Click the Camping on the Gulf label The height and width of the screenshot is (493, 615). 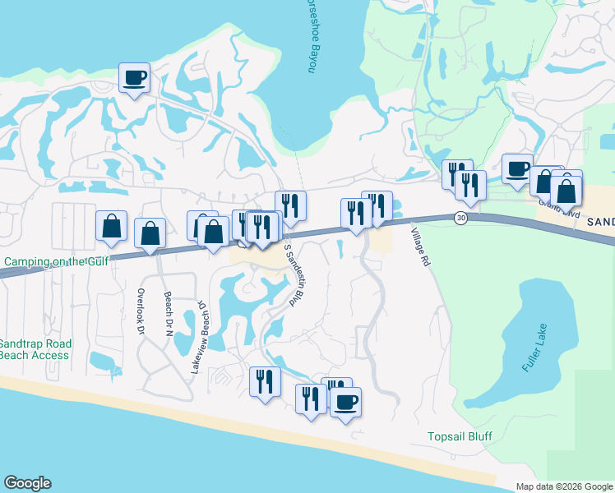54,261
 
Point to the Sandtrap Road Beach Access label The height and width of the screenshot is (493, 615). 35,349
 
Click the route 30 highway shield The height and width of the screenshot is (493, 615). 460,217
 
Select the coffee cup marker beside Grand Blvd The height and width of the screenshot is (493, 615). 517,168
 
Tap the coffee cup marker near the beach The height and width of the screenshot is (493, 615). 345,402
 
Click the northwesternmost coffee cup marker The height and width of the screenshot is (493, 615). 135,78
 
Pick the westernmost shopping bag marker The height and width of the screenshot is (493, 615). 111,226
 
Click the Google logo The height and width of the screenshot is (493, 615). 27,483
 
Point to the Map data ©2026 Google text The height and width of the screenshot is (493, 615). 564,486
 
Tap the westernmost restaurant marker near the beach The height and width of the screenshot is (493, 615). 265,381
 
